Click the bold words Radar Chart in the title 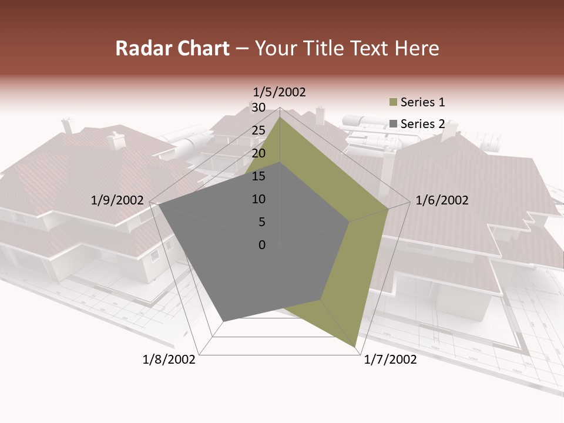(x=172, y=48)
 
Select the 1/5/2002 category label (x=279, y=92)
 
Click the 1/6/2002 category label (x=442, y=200)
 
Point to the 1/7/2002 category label (x=390, y=360)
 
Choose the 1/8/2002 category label (x=169, y=360)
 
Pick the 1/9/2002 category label (x=117, y=200)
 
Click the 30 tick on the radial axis (x=258, y=108)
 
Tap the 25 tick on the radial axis (x=258, y=130)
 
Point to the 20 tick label (x=258, y=153)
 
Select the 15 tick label (x=258, y=176)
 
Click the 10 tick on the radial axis (x=258, y=199)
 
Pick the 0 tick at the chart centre (x=262, y=245)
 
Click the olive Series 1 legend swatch (x=393, y=103)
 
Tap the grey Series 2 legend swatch (x=393, y=124)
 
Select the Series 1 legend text (x=422, y=102)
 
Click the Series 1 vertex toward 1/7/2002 (x=355, y=346)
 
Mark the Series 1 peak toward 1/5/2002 (x=280, y=117)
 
